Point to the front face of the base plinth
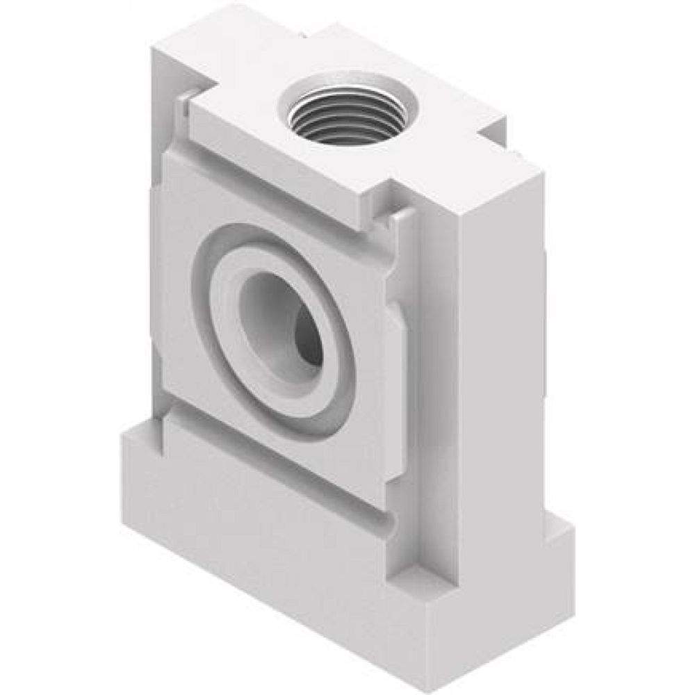point(278,549)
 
